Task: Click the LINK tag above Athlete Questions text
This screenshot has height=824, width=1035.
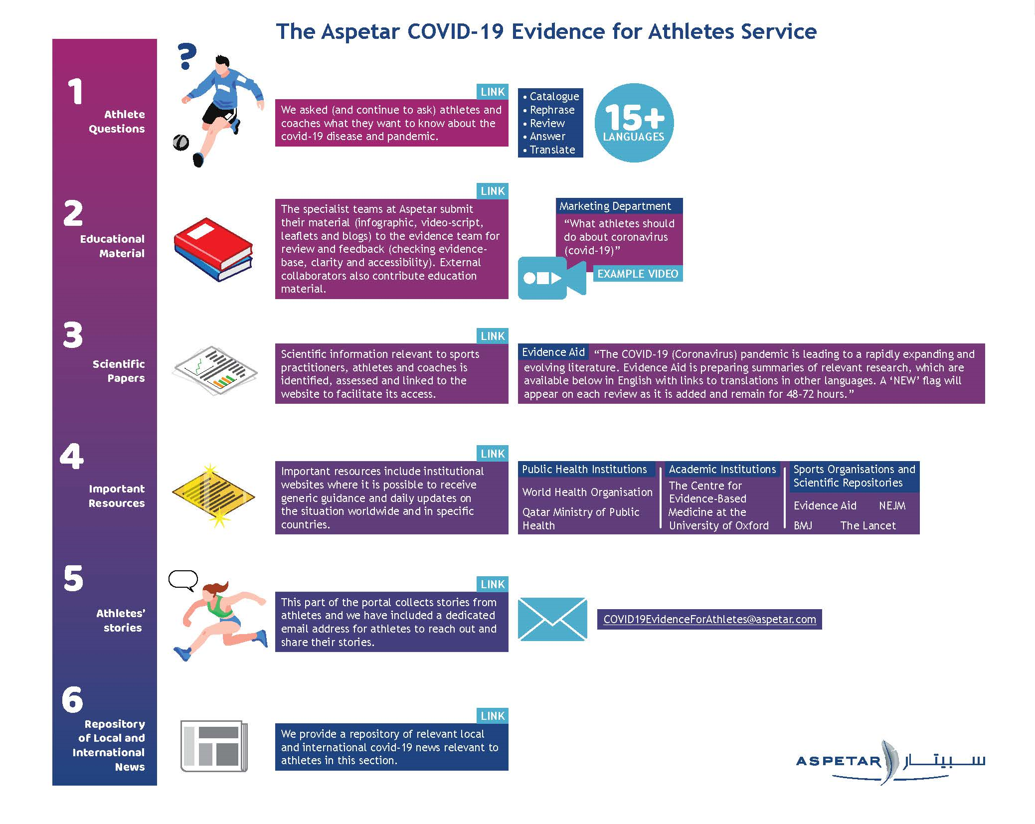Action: (x=492, y=92)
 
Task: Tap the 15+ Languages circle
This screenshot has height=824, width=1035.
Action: (x=634, y=123)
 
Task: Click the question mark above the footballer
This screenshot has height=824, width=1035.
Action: (x=187, y=56)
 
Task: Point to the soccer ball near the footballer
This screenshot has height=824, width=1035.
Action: (x=180, y=143)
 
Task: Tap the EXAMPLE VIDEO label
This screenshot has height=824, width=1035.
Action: (x=637, y=274)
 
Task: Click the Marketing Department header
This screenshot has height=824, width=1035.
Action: (x=615, y=206)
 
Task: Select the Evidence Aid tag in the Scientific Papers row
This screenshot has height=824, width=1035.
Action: (x=553, y=352)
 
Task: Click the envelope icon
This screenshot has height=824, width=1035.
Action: (x=552, y=619)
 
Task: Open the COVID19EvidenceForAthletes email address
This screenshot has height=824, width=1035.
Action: (x=709, y=619)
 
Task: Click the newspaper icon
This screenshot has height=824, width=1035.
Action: (x=213, y=746)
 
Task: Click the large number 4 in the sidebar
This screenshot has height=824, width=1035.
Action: (x=72, y=457)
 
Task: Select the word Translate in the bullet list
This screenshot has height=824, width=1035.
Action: (x=552, y=150)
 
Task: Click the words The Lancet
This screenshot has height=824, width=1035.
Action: (x=867, y=525)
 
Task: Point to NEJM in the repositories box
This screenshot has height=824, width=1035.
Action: (x=892, y=505)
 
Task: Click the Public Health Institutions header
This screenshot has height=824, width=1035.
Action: (x=584, y=469)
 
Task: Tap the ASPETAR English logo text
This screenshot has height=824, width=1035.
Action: (x=839, y=761)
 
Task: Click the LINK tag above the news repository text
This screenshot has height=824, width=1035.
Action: (x=492, y=716)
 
